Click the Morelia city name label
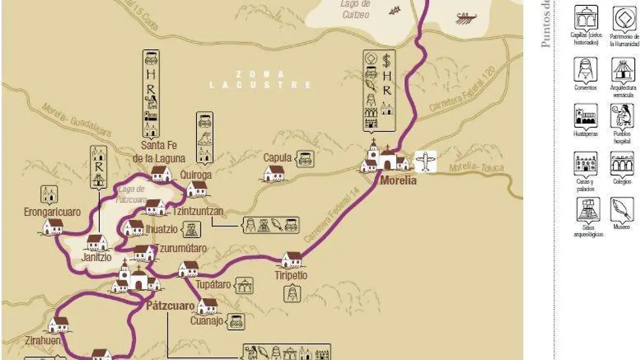[x=398, y=181]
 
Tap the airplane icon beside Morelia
[x=425, y=161]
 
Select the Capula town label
[x=278, y=158]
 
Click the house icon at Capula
[x=273, y=173]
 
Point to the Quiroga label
[x=196, y=175]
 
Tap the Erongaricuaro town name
[x=52, y=212]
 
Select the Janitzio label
[x=96, y=257]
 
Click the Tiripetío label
[x=291, y=276]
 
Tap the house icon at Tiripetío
[x=291, y=260]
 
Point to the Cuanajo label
[x=207, y=321]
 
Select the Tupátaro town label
[x=213, y=285]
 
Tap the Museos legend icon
[x=622, y=210]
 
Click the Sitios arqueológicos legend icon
[x=588, y=210]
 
